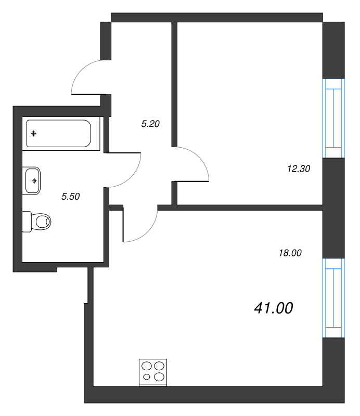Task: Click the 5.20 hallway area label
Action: (x=150, y=124)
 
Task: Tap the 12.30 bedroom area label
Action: (x=299, y=168)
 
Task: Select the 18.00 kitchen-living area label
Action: (x=290, y=253)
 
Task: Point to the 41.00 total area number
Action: (x=274, y=308)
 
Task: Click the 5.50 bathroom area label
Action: (x=71, y=197)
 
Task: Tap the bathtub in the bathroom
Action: (x=59, y=133)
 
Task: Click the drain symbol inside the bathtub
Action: (x=33, y=134)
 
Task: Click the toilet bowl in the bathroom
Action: (x=43, y=222)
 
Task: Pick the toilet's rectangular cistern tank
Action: (x=27, y=222)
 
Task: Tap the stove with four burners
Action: (x=153, y=372)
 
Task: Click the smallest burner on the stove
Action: (x=147, y=376)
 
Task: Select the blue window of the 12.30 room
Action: (x=333, y=119)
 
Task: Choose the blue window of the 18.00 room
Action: (x=333, y=298)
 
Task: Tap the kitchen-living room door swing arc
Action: (x=149, y=233)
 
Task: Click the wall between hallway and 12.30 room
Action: (x=174, y=84)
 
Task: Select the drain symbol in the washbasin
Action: (x=34, y=180)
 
